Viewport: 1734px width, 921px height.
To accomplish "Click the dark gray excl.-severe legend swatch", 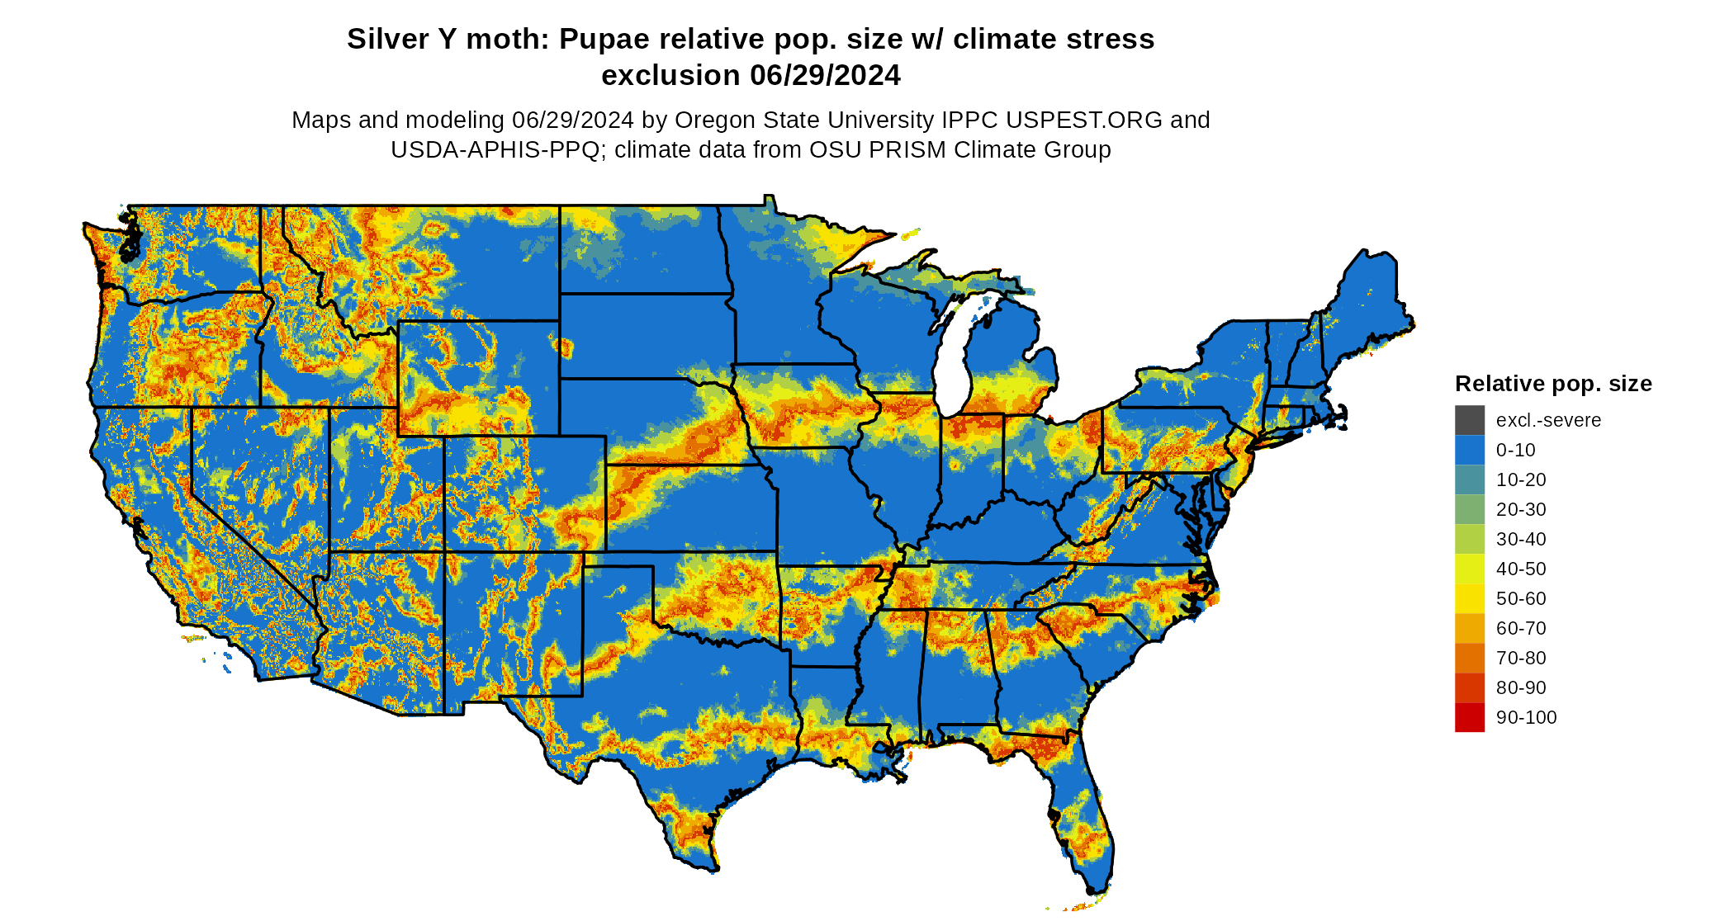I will [1469, 420].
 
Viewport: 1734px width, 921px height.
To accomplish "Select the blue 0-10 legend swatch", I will [1469, 450].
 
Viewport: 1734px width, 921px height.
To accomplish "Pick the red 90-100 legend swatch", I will [1469, 717].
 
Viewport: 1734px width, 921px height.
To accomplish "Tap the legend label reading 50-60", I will [1520, 598].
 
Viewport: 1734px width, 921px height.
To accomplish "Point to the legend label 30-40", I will [1520, 539].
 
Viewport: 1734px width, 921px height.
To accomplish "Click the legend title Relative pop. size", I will [1552, 384].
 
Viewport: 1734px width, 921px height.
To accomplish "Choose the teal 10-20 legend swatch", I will [1469, 479].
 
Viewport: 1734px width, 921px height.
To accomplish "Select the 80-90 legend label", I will [1520, 687].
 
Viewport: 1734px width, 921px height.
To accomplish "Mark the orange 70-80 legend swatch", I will [1469, 658].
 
